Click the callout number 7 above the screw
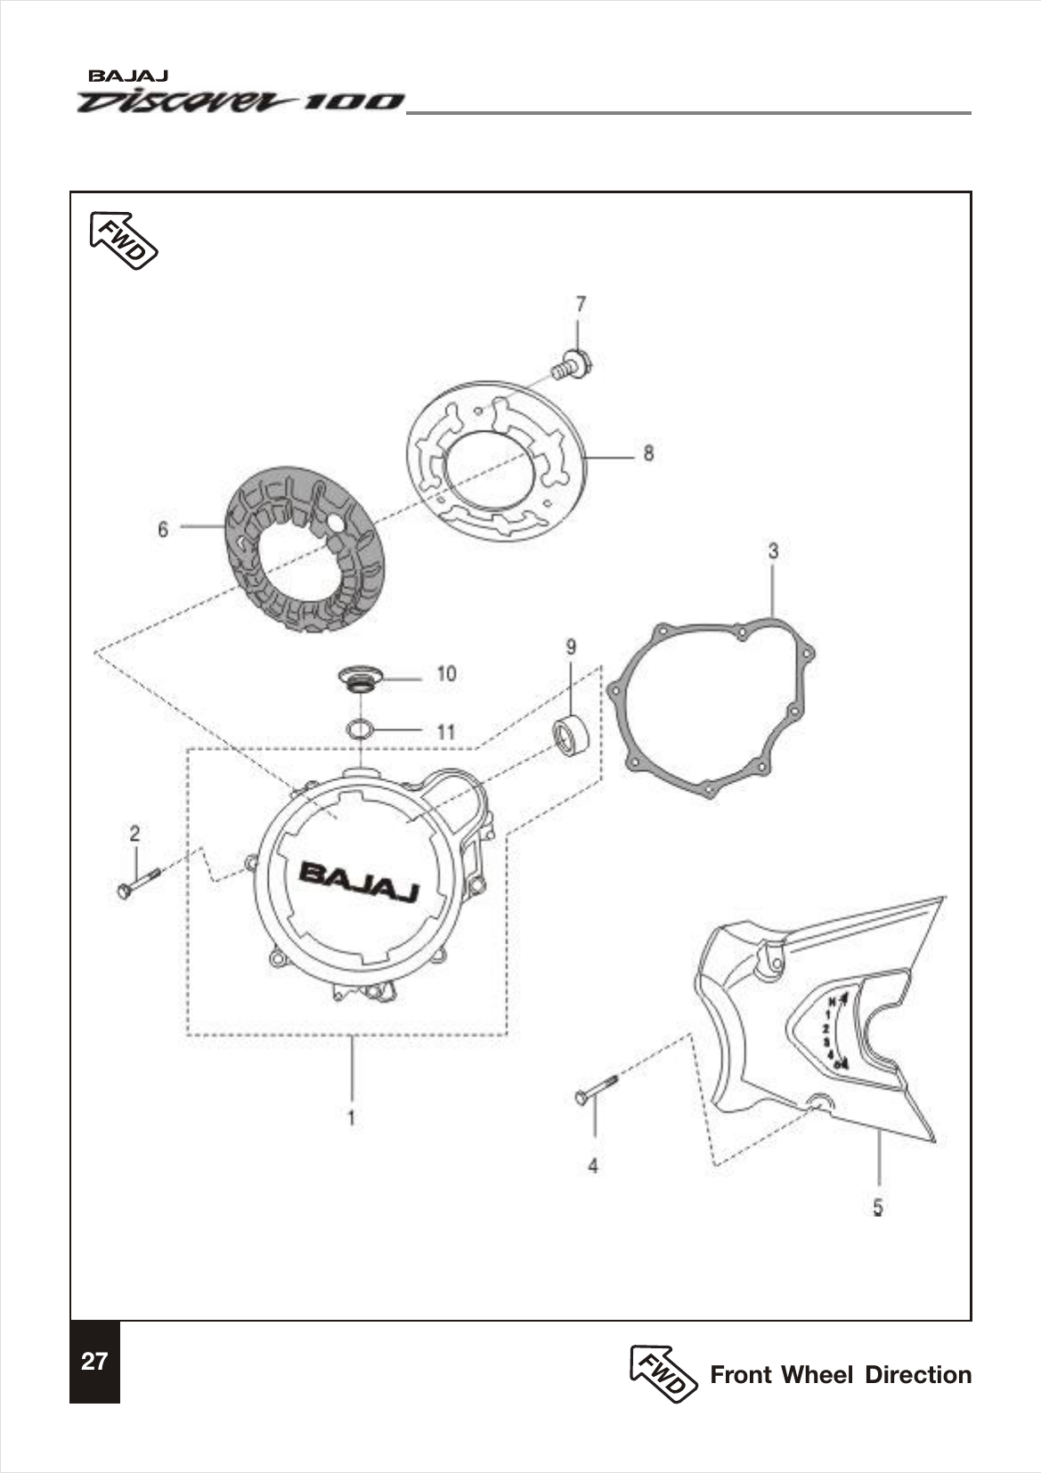tap(581, 305)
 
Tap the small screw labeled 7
tap(571, 365)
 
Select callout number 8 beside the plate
tap(648, 453)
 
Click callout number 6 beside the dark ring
tap(163, 529)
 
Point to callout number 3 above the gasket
tap(773, 551)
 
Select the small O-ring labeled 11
tap(360, 729)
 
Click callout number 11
tap(445, 731)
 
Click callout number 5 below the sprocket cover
tap(877, 1207)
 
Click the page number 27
tap(94, 1362)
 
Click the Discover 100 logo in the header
tap(240, 101)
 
